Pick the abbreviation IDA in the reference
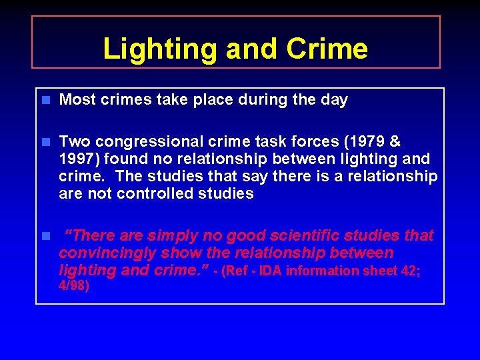(x=271, y=271)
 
